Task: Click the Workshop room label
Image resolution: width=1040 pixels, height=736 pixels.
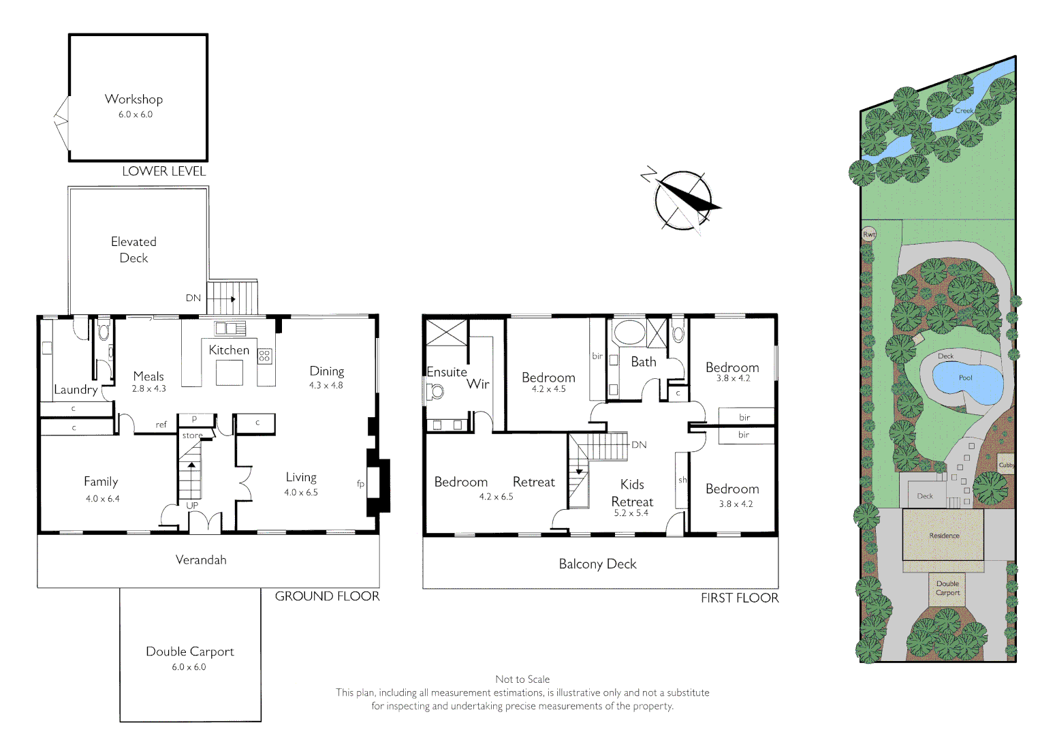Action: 133,99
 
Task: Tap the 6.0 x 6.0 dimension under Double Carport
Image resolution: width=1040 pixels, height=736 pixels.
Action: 189,667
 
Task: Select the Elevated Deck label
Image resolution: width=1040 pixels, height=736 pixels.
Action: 133,249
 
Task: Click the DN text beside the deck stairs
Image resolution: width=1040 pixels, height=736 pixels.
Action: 193,298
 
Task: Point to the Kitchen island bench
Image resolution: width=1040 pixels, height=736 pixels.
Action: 230,372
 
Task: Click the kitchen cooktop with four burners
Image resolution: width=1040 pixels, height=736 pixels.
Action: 265,355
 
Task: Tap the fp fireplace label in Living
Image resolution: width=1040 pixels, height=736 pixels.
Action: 360,484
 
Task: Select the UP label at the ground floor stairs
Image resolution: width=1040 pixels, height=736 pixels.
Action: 192,506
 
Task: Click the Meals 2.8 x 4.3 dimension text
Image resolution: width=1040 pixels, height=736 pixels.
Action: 148,388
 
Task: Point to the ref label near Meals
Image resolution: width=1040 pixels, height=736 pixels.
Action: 161,425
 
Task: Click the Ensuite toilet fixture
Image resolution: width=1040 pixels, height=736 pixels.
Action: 435,391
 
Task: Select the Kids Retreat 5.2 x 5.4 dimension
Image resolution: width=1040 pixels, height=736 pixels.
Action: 631,513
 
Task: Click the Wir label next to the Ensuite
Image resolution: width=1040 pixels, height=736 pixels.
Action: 478,384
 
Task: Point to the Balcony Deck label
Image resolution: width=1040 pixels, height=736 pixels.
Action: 597,564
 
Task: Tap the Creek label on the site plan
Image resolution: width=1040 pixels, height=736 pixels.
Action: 964,110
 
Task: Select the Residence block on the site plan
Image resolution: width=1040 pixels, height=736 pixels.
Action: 944,535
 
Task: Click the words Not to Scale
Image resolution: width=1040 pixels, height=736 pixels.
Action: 522,679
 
